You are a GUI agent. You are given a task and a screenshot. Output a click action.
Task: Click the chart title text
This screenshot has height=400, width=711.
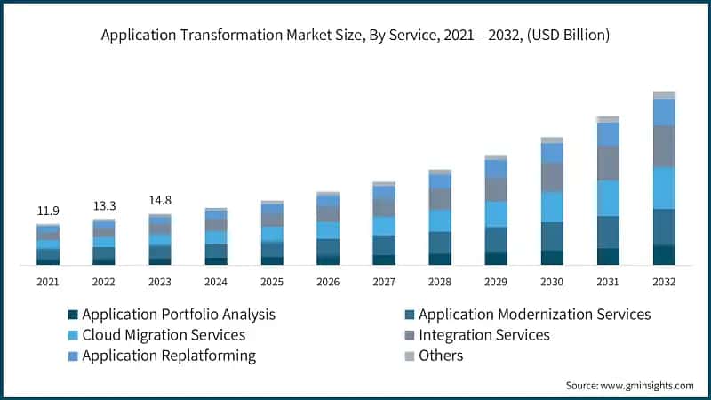pyautogui.click(x=355, y=36)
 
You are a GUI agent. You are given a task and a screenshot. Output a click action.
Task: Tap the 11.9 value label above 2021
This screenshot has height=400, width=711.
pyautogui.click(x=48, y=211)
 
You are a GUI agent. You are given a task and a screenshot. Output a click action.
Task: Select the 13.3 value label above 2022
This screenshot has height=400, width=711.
pyautogui.click(x=104, y=206)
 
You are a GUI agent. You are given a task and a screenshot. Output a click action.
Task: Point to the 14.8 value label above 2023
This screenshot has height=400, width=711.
pyautogui.click(x=160, y=201)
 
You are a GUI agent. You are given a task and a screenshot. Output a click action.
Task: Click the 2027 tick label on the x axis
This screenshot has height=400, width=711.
pyautogui.click(x=384, y=282)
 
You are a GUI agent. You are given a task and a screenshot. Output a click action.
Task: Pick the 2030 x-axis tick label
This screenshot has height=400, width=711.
pyautogui.click(x=552, y=282)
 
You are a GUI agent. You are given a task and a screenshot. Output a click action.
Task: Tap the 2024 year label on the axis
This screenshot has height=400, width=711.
pyautogui.click(x=216, y=282)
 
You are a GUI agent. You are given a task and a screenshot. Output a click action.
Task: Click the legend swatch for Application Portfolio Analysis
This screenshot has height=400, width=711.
pyautogui.click(x=74, y=315)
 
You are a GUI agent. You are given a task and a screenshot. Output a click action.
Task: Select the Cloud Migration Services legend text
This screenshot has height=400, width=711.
pyautogui.click(x=164, y=335)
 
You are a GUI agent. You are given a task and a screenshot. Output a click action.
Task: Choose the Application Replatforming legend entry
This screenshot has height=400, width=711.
pyautogui.click(x=169, y=356)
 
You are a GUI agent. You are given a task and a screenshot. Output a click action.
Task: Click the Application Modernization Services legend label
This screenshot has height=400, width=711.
pyautogui.click(x=534, y=315)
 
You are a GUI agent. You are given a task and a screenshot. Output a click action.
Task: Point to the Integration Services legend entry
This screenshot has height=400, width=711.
pyautogui.click(x=483, y=335)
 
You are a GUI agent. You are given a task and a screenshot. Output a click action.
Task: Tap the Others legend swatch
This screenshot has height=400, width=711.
pyautogui.click(x=410, y=356)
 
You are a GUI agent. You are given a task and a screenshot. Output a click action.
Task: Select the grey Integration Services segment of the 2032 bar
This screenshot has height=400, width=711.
pyautogui.click(x=664, y=146)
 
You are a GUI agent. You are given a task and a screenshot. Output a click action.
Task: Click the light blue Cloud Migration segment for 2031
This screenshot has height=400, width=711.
pyautogui.click(x=608, y=198)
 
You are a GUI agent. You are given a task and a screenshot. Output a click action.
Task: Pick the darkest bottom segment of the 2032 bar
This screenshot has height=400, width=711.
pyautogui.click(x=664, y=255)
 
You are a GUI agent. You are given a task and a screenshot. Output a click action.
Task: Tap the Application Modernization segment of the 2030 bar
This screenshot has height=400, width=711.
pyautogui.click(x=552, y=236)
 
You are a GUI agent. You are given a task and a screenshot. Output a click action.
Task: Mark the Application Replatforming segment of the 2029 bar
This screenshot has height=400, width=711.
pyautogui.click(x=496, y=168)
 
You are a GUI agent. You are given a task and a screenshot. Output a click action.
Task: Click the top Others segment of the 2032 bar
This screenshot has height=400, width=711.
pyautogui.click(x=664, y=94)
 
